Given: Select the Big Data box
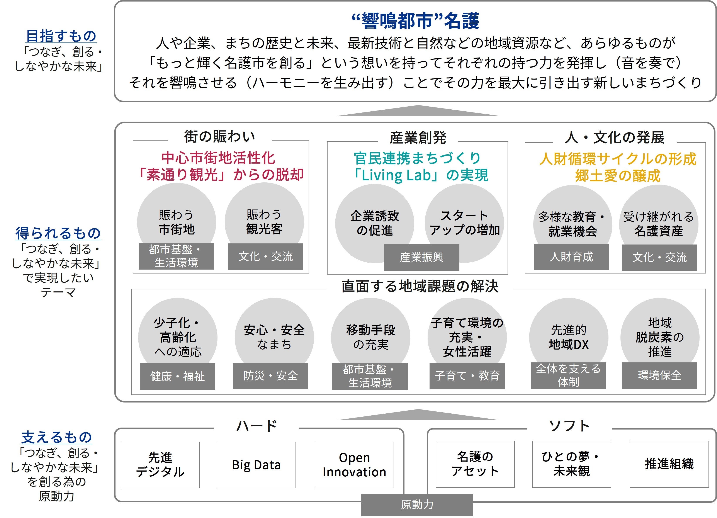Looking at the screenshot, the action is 256,465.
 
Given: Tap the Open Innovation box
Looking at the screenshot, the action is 354,465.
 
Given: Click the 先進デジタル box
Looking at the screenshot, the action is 160,465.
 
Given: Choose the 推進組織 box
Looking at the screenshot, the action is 669,464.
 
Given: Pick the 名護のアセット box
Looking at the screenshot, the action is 475,464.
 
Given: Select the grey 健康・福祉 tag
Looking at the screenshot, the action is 177,376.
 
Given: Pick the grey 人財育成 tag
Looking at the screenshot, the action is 571,257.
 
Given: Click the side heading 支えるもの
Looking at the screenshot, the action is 57,437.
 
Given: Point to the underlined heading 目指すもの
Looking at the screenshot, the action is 61,36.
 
